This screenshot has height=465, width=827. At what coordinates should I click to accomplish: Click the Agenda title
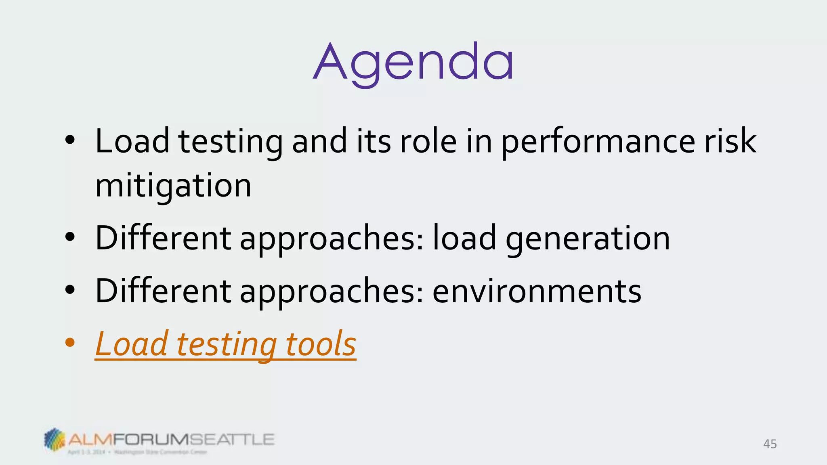[x=413, y=64]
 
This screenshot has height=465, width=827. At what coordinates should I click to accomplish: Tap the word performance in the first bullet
[x=598, y=142]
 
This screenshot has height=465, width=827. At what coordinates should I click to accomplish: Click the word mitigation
[x=173, y=186]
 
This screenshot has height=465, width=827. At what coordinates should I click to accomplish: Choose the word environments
[x=537, y=291]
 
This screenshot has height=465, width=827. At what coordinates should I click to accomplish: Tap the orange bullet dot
[x=70, y=343]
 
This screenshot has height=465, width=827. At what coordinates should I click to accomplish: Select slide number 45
[x=770, y=444]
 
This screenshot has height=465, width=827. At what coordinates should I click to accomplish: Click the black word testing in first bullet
[x=231, y=142]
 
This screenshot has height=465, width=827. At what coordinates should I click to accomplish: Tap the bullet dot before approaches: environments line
[x=70, y=289]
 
